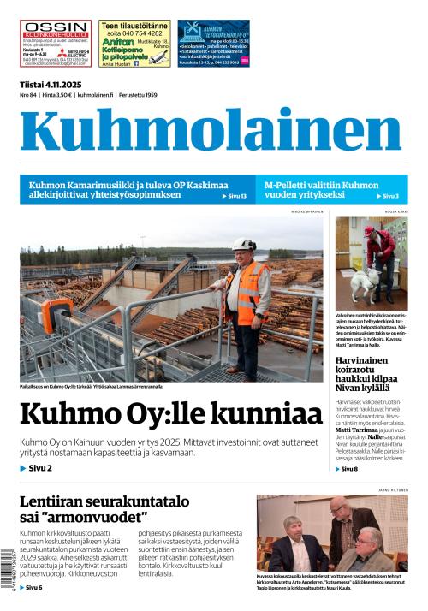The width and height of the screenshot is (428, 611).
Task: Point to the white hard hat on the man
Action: [x=244, y=244]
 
